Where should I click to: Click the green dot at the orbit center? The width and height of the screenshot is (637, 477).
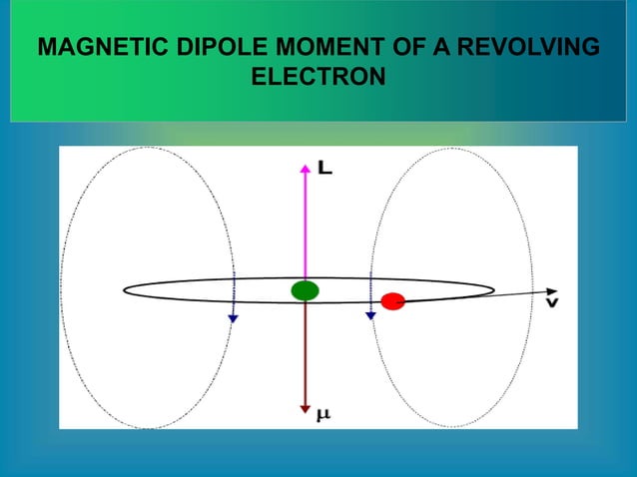click(x=305, y=290)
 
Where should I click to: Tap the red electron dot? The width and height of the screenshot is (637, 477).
click(x=392, y=300)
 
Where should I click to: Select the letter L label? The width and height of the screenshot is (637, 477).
click(x=325, y=170)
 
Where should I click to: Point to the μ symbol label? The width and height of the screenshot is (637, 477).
click(x=323, y=412)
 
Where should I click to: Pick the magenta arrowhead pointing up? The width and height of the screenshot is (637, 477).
click(x=305, y=168)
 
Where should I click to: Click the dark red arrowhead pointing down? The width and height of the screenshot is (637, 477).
click(x=305, y=408)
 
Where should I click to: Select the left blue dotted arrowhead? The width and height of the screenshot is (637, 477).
click(x=233, y=317)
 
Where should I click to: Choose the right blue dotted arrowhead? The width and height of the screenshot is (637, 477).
click(x=369, y=314)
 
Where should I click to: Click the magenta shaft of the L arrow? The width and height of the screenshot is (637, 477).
click(x=305, y=225)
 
